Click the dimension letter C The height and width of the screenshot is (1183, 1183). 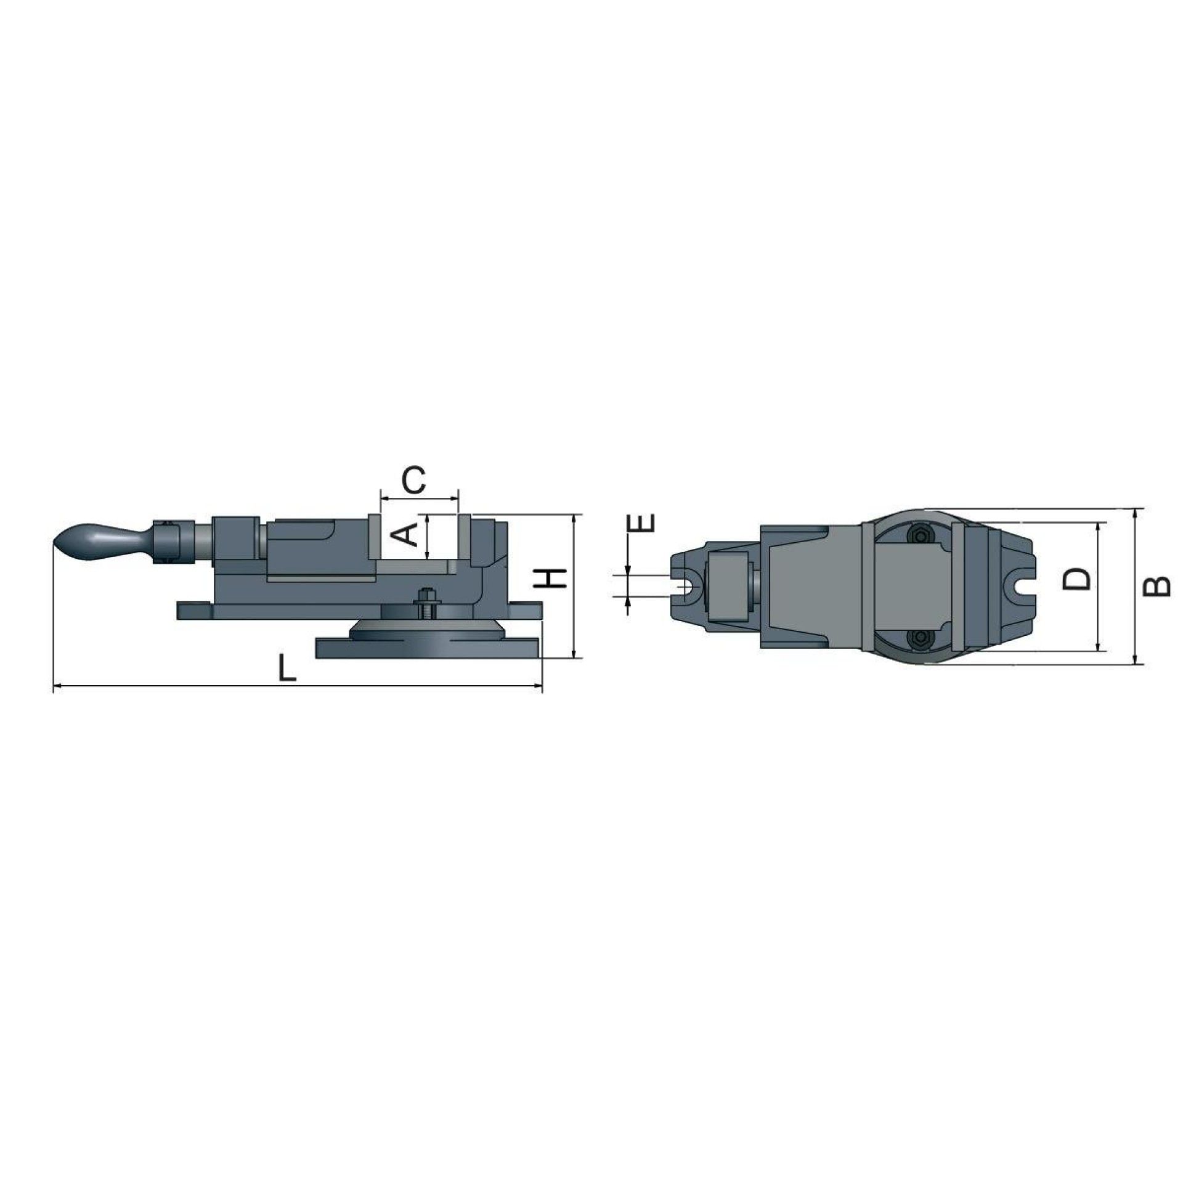[413, 481]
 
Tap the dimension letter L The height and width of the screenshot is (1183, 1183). [287, 669]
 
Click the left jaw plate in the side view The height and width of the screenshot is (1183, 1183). [374, 535]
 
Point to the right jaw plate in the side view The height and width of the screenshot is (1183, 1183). [465, 535]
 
